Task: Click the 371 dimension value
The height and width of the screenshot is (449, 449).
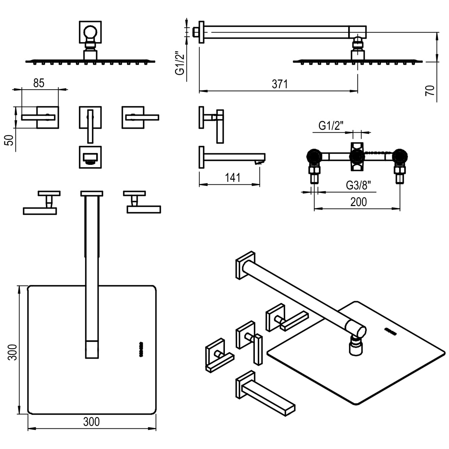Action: (279, 84)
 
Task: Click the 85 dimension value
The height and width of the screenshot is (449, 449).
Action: (39, 83)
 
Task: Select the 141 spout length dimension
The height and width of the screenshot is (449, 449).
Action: (232, 178)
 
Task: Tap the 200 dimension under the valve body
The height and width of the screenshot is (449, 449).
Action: (358, 202)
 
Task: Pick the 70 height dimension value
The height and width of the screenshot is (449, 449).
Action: (430, 90)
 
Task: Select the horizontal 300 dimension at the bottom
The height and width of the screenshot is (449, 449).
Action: (91, 422)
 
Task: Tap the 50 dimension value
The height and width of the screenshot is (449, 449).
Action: (11, 140)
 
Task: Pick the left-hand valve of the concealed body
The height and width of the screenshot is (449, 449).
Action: (313, 157)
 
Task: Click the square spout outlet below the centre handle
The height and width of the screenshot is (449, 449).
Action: (90, 157)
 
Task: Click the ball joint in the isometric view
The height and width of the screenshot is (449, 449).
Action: (356, 339)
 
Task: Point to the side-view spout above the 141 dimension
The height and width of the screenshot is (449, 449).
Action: (231, 157)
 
